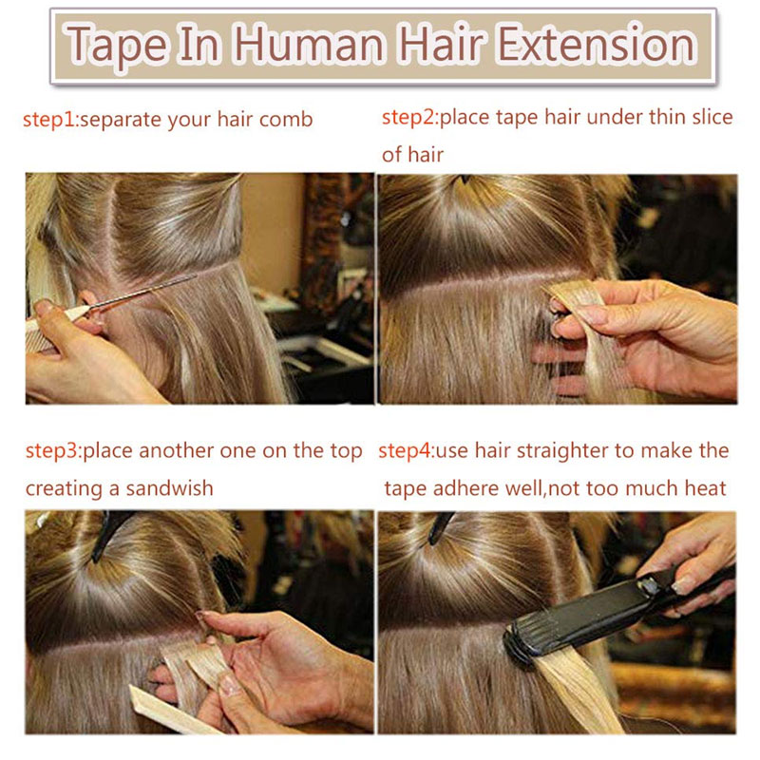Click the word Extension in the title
598,45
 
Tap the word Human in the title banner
310,45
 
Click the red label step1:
51,120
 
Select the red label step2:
410,118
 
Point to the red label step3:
54,450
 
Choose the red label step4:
407,450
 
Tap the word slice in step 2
712,117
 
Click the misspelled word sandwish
169,488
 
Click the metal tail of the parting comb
142,293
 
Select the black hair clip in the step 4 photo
440,527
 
